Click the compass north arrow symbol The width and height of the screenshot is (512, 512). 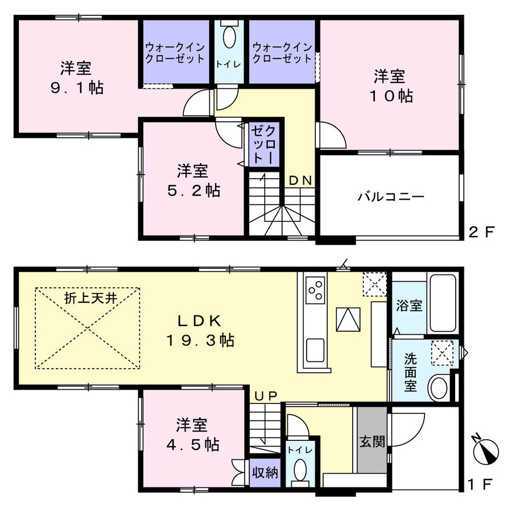click(x=485, y=450)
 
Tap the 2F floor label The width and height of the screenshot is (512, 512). click(x=482, y=232)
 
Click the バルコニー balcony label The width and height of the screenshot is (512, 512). click(x=391, y=197)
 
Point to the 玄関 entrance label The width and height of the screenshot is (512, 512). click(x=372, y=441)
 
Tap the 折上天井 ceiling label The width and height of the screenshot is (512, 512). click(x=90, y=298)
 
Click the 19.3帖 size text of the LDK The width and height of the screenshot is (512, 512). click(x=200, y=340)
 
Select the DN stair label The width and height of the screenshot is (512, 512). click(x=300, y=180)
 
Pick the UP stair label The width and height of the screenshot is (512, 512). click(x=266, y=396)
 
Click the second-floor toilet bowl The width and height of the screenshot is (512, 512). click(x=229, y=36)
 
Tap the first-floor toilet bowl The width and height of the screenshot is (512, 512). click(x=300, y=470)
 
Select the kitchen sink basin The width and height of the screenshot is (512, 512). click(x=315, y=350)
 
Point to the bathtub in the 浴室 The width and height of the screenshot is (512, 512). click(x=443, y=304)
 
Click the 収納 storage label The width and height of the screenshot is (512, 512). click(x=265, y=472)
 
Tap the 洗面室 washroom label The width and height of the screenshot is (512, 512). click(x=410, y=372)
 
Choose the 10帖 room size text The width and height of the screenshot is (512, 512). click(x=391, y=96)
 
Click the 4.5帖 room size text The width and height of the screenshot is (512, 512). click(x=193, y=444)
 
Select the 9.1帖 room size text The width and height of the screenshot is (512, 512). click(x=77, y=88)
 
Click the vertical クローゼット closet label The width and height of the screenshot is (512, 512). click(x=263, y=144)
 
